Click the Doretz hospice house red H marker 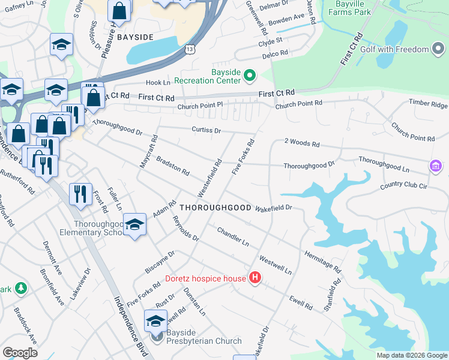tap(255, 278)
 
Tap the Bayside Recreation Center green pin tap(250, 76)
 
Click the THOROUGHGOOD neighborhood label tap(215, 207)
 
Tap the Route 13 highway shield tap(190, 52)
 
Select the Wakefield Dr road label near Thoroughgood tap(273, 208)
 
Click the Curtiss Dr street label tap(206, 130)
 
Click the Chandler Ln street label tap(233, 237)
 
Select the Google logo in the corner tap(20, 353)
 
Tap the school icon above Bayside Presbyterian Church tap(155, 322)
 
